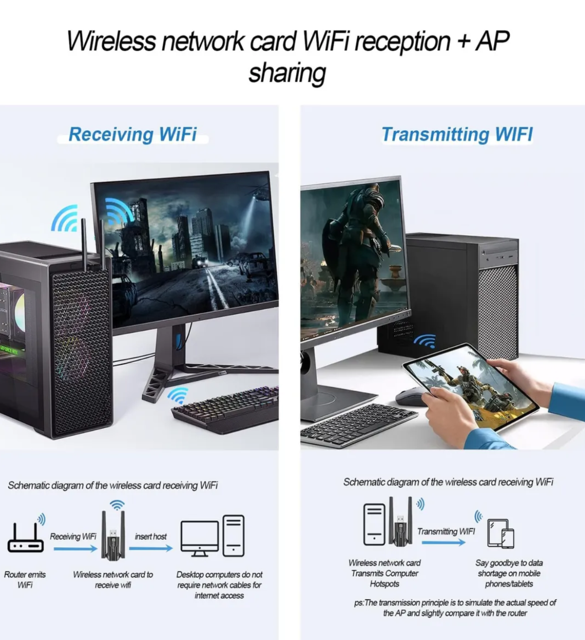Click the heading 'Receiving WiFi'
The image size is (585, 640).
(x=133, y=134)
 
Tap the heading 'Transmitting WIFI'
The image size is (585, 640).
(x=457, y=134)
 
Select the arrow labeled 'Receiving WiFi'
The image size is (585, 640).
(x=75, y=548)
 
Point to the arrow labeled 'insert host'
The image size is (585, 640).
(x=151, y=548)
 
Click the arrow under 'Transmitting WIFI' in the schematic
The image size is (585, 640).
(x=443, y=543)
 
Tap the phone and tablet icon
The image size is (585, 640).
(x=501, y=533)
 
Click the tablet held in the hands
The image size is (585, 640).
(x=471, y=386)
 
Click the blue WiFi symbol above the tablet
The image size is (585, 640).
(x=425, y=341)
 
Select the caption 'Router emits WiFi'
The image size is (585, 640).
(x=25, y=580)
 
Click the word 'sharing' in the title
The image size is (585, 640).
(x=287, y=73)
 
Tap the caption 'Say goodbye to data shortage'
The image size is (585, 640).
(x=509, y=573)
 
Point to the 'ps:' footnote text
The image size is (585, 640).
(x=455, y=608)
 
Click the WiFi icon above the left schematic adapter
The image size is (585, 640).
(x=117, y=505)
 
